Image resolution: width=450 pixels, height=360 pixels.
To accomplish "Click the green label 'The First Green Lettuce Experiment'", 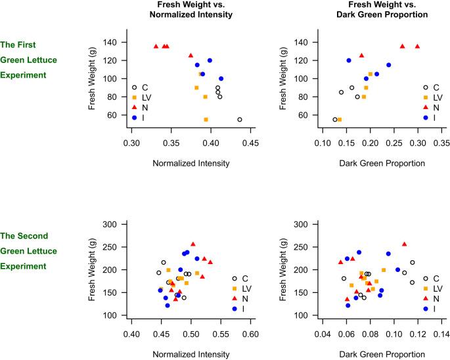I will coord(27,60).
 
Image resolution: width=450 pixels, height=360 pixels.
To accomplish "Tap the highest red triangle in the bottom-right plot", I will coord(404,244).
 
